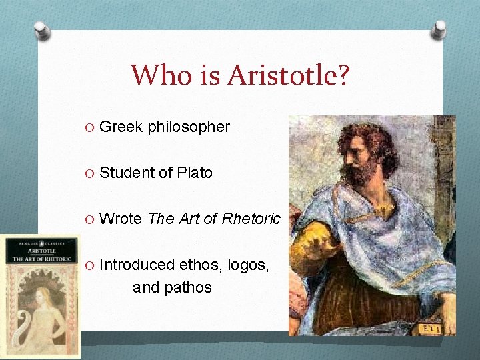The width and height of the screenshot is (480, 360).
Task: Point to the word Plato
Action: point(195,173)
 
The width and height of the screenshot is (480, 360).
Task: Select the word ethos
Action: point(198,265)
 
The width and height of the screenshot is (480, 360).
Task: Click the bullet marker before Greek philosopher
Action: point(91,127)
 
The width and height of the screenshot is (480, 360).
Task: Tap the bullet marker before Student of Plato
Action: point(91,173)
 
